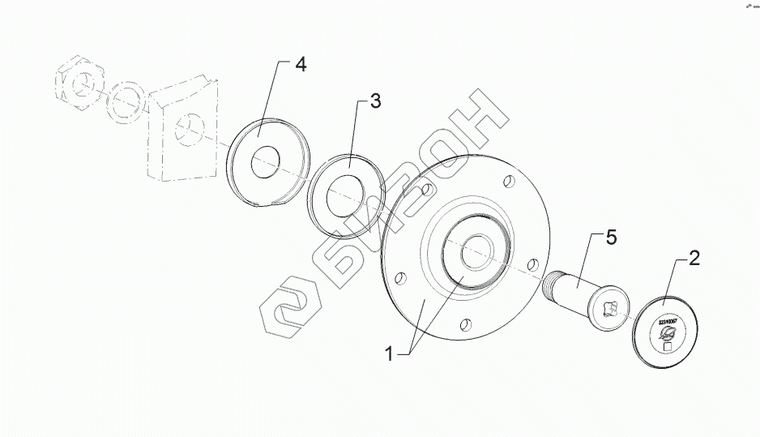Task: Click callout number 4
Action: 301,66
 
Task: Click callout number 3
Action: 374,101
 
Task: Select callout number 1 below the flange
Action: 390,353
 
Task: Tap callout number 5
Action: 611,238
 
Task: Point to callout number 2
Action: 694,259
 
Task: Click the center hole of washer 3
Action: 346,196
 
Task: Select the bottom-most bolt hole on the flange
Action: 464,325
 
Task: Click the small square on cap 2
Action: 668,346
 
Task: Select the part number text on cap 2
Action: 666,323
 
